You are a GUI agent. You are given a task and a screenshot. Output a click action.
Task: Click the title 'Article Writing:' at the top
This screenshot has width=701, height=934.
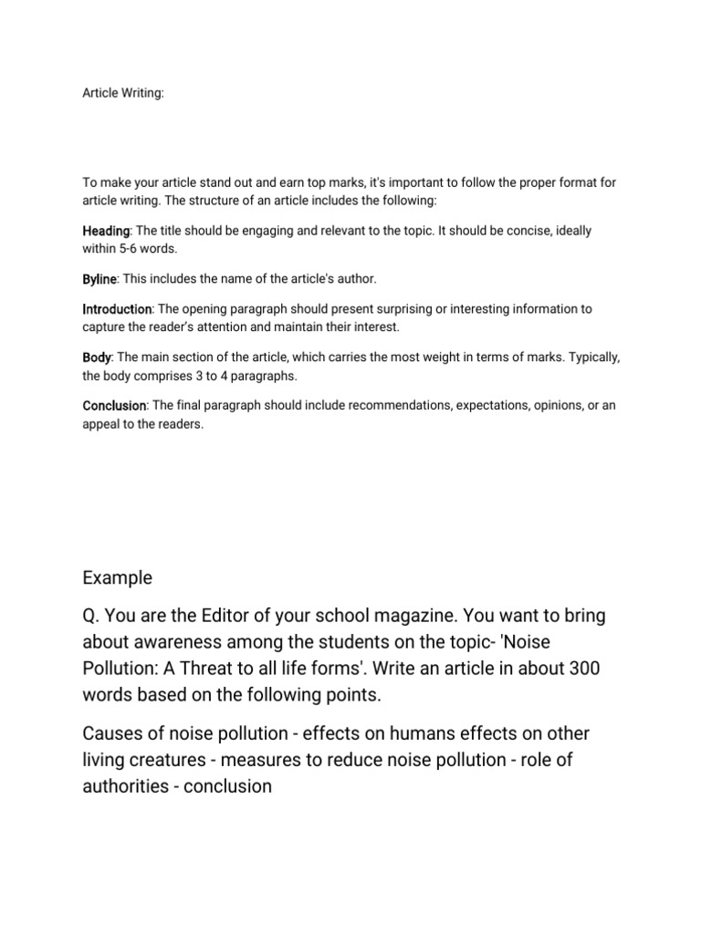click(123, 94)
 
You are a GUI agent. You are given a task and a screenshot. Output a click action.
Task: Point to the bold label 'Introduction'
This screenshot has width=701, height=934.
click(117, 309)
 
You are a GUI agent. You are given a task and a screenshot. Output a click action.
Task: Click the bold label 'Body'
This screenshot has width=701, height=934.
click(97, 358)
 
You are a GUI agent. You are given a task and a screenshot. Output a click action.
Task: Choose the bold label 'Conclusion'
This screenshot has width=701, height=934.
click(114, 405)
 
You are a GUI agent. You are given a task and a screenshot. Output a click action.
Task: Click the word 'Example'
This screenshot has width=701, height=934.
click(118, 578)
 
